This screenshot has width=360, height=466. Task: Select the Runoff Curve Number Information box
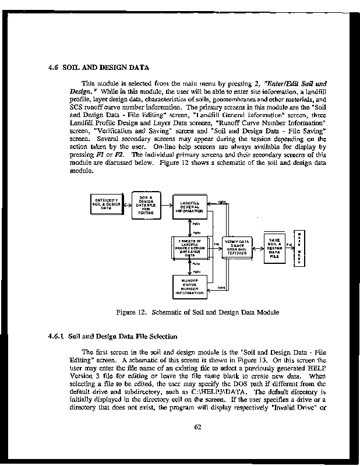click(189, 287)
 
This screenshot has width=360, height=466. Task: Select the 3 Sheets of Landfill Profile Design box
click(189, 248)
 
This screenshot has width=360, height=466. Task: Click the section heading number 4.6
click(54, 66)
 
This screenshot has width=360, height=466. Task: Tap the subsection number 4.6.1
click(56, 337)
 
